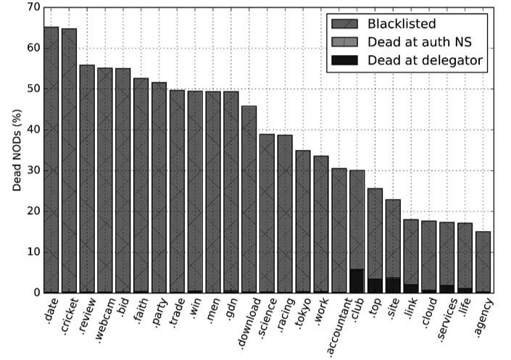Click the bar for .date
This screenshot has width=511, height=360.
point(51,159)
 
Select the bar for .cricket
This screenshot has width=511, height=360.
point(69,160)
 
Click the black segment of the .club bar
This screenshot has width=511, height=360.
point(357,281)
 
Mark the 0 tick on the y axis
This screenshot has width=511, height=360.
point(34,293)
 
